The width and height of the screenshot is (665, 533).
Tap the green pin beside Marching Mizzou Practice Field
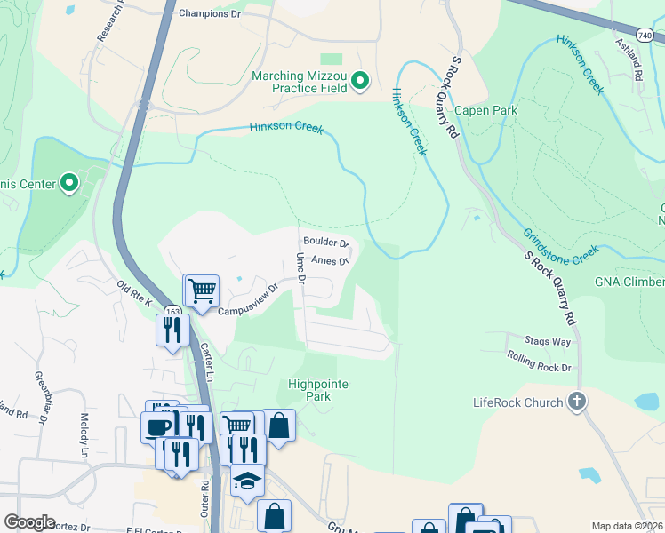coord(360,83)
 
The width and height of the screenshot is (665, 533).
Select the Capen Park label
coord(485,110)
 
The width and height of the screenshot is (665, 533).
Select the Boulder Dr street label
coord(326,242)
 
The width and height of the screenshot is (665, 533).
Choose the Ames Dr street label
coord(330,261)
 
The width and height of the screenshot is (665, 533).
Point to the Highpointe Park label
coord(318,390)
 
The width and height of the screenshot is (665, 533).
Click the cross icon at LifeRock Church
coord(577,402)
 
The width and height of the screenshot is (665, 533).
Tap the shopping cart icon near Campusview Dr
coord(203,289)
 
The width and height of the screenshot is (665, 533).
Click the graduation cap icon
coord(248,481)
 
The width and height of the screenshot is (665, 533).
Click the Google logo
coord(29,521)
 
